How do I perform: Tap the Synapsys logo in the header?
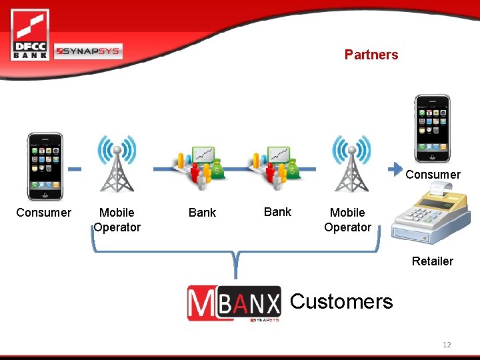88,51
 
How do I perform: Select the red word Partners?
371,55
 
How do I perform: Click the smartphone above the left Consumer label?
45,166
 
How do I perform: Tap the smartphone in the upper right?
431,129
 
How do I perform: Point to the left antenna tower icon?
117,164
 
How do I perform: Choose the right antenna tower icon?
351,164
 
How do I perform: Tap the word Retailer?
432,261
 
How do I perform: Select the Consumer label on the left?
43,213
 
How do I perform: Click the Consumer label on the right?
433,175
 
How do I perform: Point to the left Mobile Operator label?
117,220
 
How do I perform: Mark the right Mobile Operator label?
347,220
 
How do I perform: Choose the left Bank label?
202,213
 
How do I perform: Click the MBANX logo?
234,303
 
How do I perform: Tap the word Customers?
341,301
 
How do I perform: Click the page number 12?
447,345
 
